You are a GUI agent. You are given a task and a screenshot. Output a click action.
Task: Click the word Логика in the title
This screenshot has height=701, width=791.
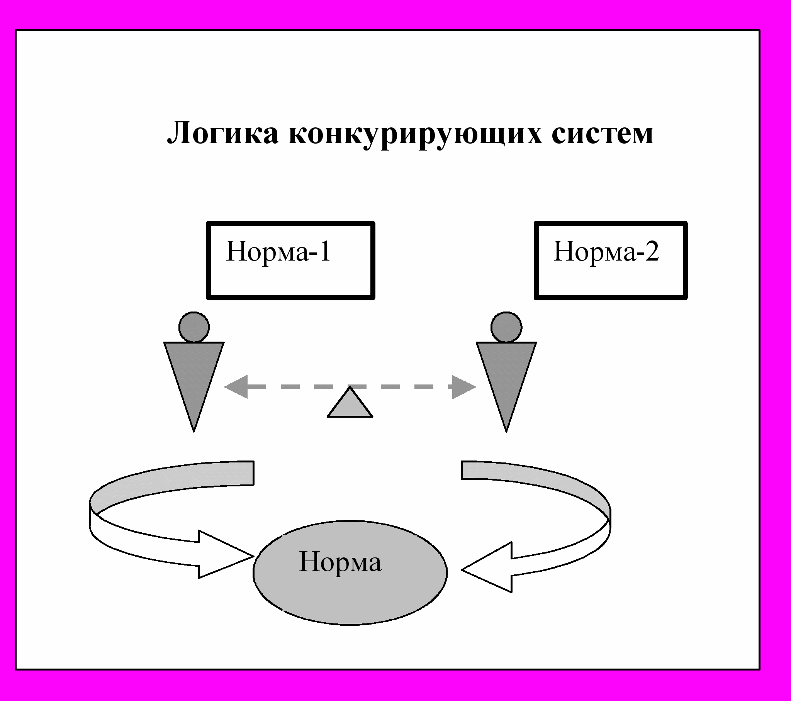222,134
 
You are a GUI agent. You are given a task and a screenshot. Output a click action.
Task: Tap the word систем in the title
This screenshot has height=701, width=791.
602,134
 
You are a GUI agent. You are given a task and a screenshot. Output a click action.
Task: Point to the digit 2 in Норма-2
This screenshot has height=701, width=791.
652,251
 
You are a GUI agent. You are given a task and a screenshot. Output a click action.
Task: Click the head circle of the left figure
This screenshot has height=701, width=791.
194,327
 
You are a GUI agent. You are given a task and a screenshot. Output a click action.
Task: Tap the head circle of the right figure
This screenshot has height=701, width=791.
506,327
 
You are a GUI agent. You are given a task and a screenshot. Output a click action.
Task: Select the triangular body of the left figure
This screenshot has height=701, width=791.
194,371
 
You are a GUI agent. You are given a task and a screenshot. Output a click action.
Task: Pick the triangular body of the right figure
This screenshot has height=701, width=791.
506,371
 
